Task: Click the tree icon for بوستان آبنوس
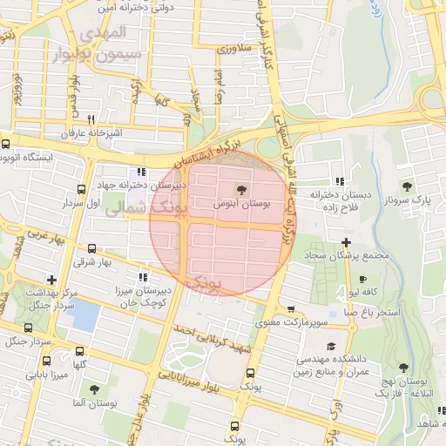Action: pyautogui.click(x=241, y=188)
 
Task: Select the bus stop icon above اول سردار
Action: pyautogui.click(x=81, y=189)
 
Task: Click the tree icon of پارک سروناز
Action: pyautogui.click(x=408, y=186)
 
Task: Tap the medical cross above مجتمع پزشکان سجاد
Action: pyautogui.click(x=346, y=242)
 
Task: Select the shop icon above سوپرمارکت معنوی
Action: pyautogui.click(x=290, y=309)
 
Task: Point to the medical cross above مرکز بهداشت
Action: pyautogui.click(x=51, y=280)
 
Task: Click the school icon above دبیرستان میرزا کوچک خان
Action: pyautogui.click(x=142, y=277)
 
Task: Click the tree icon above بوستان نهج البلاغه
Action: pyautogui.click(x=403, y=368)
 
